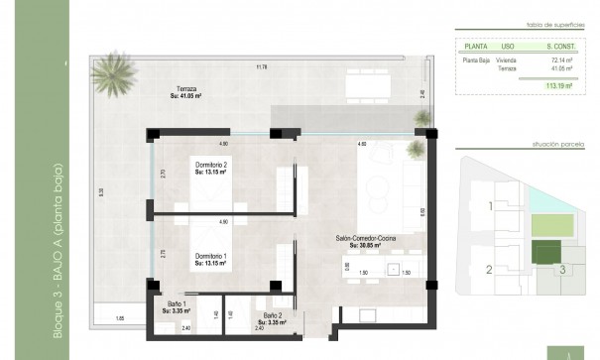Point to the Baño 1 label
coord(176,306)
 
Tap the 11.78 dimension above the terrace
coord(261,67)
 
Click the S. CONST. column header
coord(561,45)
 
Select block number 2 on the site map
coord(489,269)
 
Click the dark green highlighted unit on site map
coord(545,252)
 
